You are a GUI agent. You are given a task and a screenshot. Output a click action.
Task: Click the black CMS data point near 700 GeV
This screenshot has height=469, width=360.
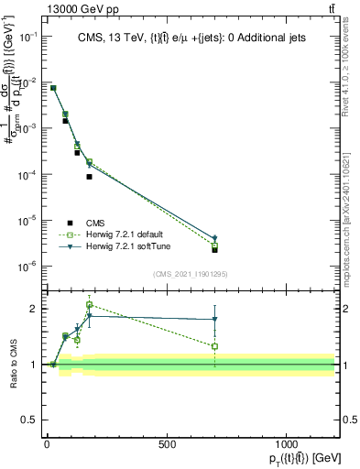click(x=214, y=249)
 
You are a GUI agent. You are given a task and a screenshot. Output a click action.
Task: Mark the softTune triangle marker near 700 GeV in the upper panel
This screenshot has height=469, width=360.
click(x=214, y=239)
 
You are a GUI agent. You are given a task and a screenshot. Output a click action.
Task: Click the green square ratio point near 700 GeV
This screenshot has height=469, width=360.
click(x=214, y=346)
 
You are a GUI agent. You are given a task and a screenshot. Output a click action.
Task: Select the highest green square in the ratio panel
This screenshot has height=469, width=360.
click(x=89, y=305)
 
